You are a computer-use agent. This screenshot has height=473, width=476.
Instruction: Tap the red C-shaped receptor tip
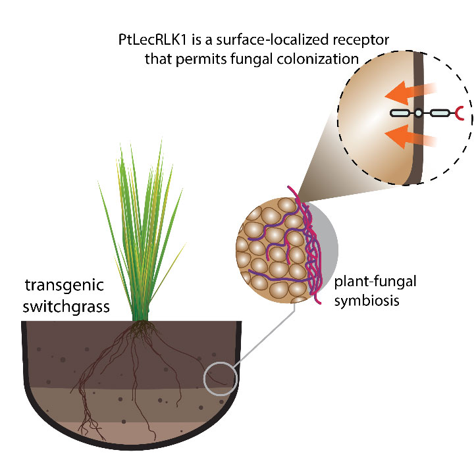461,114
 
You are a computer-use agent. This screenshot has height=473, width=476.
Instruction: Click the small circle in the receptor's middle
417,114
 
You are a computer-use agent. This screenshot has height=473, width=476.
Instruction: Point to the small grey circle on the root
219,379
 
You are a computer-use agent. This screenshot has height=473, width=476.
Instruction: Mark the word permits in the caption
199,59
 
